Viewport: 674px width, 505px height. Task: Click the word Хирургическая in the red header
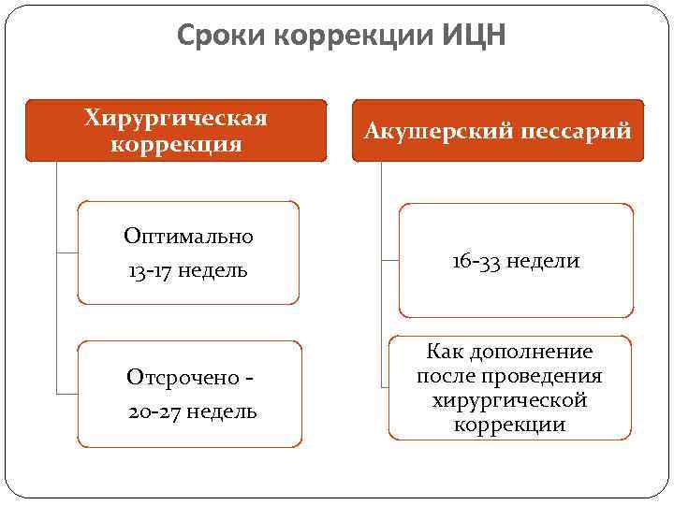[176, 119]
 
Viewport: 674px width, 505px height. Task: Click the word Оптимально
[189, 237]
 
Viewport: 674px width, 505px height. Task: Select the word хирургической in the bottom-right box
[510, 400]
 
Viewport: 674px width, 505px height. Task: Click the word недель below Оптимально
[214, 270]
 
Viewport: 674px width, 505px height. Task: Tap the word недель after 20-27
[223, 411]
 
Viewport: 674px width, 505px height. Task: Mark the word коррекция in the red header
[176, 144]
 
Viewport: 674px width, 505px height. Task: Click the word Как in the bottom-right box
[444, 353]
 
